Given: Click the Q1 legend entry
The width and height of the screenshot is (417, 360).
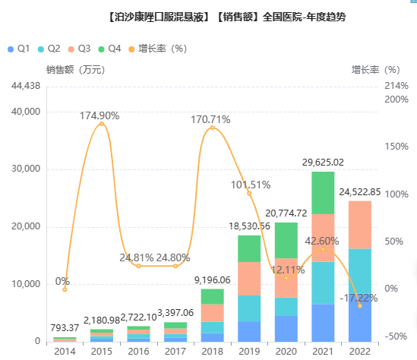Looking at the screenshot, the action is tap(19, 49).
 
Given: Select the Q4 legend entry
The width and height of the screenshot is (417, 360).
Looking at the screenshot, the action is tap(109, 49).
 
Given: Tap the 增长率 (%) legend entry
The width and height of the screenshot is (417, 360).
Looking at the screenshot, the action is tap(158, 49).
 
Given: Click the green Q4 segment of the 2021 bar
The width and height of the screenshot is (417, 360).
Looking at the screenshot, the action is tap(323, 193).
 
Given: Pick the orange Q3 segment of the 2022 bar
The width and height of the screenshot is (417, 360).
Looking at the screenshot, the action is tap(360, 225).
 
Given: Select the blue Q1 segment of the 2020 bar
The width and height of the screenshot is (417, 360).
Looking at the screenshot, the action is tap(286, 329).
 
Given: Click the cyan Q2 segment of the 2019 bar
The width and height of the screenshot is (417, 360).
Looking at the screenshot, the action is tap(249, 308).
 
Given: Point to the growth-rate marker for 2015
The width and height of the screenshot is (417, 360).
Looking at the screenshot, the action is tap(102, 124).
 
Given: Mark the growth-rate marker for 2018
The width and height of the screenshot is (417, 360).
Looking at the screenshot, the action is tap(212, 128).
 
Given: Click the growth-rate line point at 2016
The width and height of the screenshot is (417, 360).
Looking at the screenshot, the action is tap(138, 266).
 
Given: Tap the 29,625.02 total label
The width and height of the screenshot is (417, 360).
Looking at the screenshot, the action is tap(323, 163).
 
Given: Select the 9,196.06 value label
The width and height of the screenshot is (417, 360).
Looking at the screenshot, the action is tap(212, 280).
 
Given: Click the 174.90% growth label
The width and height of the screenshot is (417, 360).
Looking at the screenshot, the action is tap(100, 115).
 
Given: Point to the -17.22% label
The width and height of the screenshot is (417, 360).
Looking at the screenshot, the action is tap(359, 298).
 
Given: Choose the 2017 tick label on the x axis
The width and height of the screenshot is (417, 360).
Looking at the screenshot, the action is tap(175, 352).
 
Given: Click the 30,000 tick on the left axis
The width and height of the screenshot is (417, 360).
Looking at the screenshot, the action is tap(26, 169).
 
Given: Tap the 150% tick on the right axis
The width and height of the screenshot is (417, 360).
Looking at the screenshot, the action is tap(396, 147).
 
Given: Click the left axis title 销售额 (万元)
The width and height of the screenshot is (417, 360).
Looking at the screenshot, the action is tap(76, 70).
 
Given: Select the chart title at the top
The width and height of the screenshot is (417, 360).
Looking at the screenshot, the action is tap(227, 17).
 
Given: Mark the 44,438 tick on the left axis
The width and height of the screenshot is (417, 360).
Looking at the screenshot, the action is tap(26, 86).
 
